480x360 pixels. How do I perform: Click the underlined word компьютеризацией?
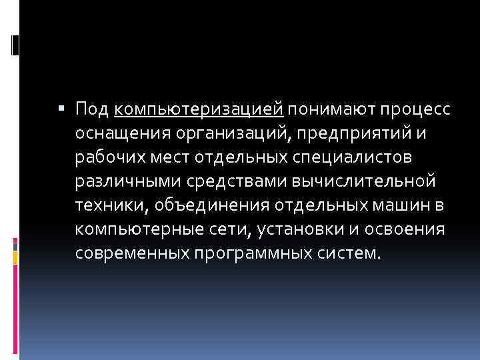199,108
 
